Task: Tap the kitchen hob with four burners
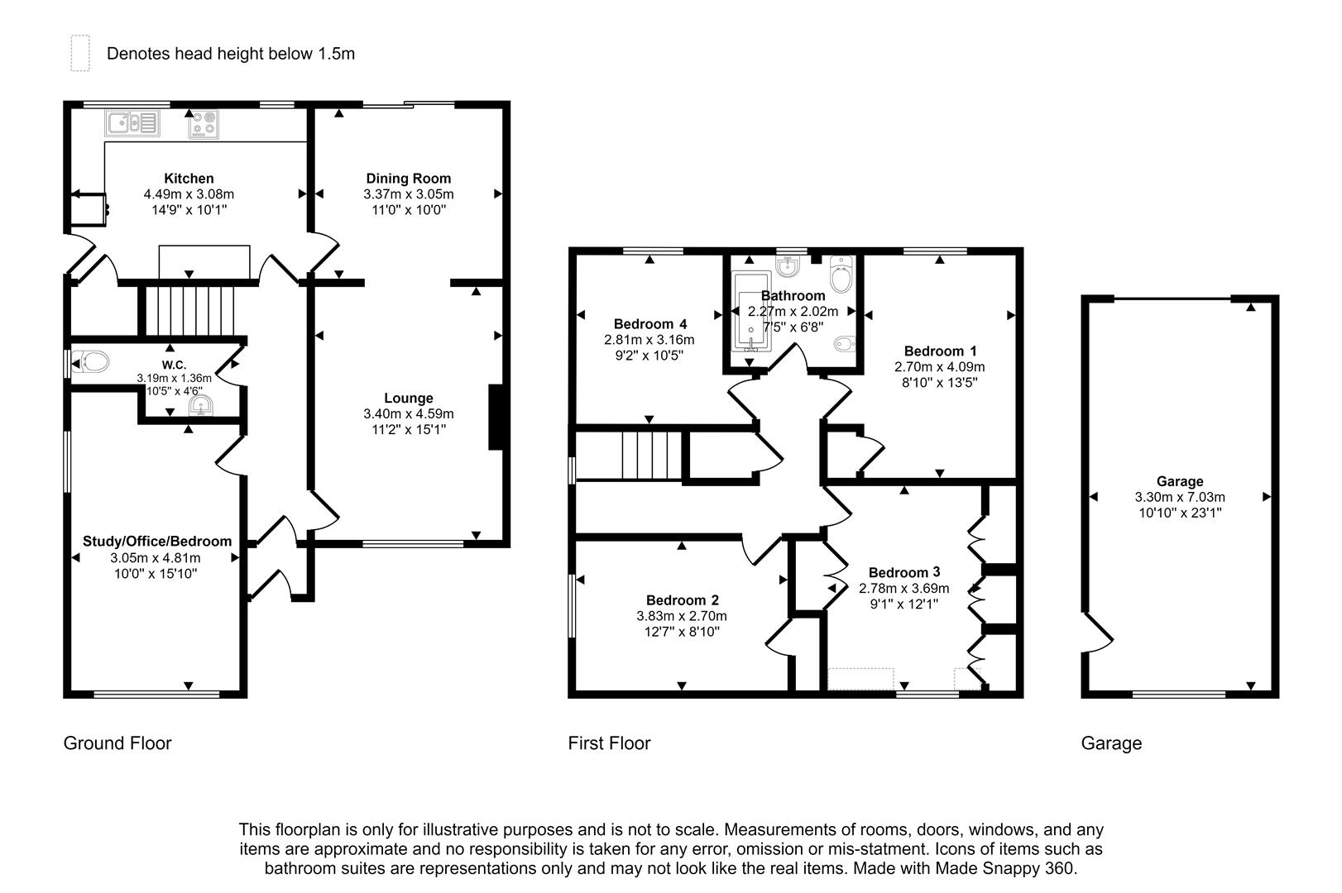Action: tap(204, 124)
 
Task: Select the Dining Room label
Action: tap(409, 178)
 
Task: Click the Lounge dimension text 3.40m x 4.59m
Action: tap(409, 413)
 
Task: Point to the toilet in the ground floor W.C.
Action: tap(91, 362)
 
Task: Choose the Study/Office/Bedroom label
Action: tap(157, 542)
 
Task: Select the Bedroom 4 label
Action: tap(650, 323)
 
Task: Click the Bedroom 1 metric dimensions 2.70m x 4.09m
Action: tap(940, 366)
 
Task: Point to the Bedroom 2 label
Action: tap(683, 600)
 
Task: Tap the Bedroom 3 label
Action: tap(904, 572)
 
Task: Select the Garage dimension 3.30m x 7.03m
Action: tap(1180, 497)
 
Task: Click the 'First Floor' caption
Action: tap(609, 743)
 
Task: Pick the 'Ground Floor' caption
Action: tap(117, 743)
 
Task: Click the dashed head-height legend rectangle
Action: tap(79, 53)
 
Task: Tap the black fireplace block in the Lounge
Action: tap(496, 417)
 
